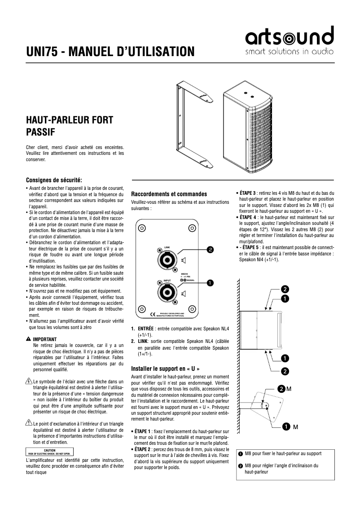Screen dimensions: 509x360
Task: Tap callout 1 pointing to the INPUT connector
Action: (210, 282)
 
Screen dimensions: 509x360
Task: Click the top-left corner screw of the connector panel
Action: (142, 228)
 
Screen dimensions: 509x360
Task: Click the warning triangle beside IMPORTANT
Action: (29, 339)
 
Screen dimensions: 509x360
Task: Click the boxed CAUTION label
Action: (49, 452)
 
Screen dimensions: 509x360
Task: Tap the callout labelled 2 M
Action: (284, 388)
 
